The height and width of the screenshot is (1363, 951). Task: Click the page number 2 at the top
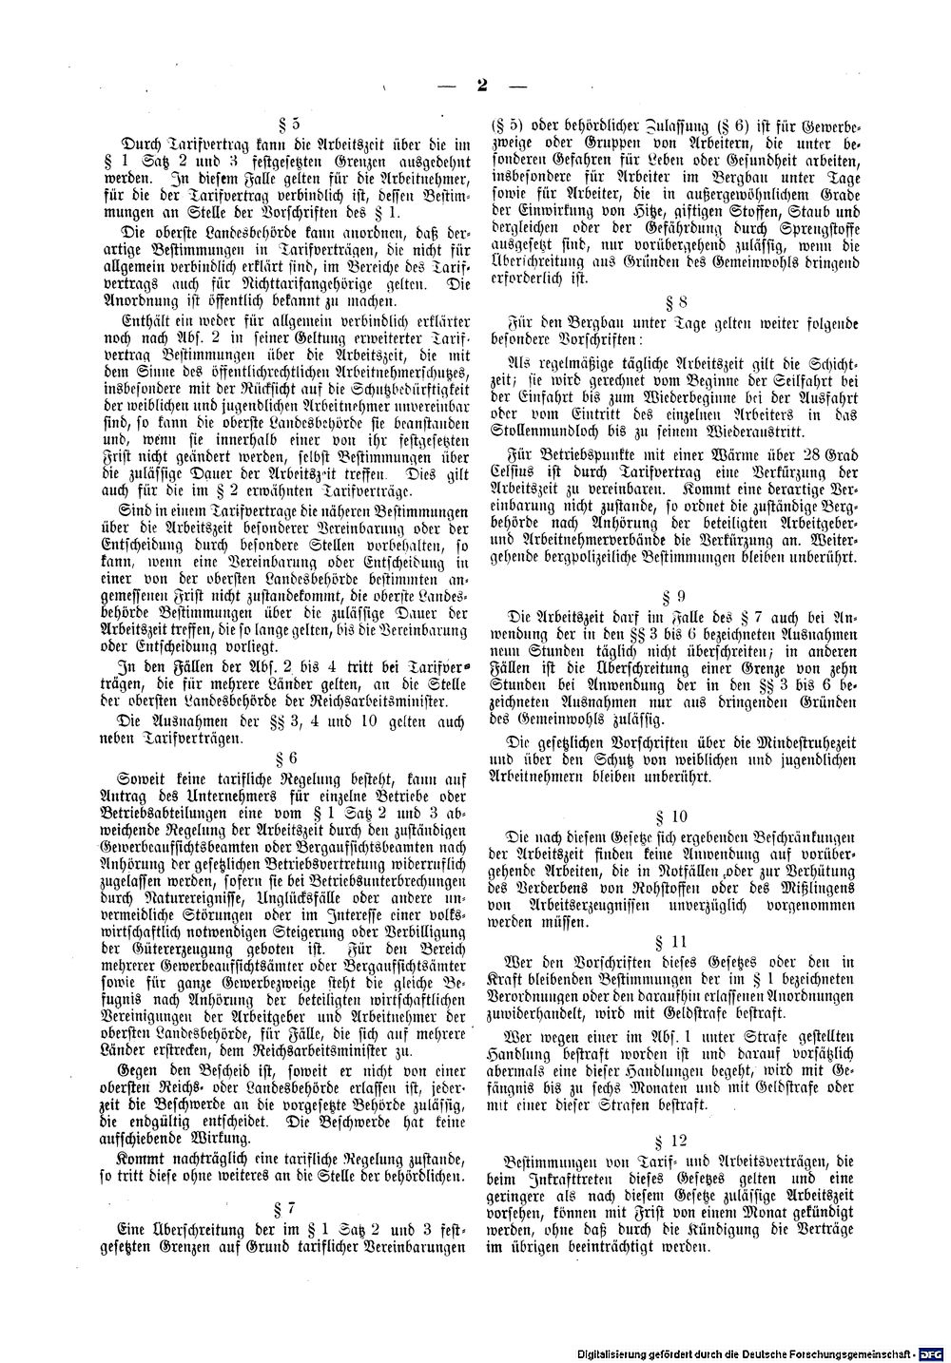pos(482,86)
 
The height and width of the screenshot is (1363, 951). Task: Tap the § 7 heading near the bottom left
pos(286,1207)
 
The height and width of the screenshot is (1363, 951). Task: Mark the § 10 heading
pos(677,816)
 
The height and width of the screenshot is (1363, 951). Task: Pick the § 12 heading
pos(677,1139)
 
